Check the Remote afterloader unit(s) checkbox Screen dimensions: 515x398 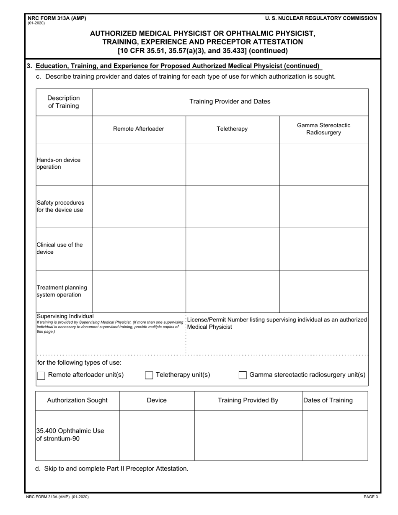[x=41, y=375]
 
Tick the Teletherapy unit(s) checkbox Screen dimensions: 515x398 [x=149, y=375]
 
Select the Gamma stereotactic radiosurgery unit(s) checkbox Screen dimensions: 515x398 [x=243, y=375]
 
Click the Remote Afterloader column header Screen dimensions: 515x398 [x=139, y=129]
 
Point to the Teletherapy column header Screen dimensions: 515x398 [x=232, y=129]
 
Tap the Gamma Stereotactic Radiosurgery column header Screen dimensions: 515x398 [x=323, y=129]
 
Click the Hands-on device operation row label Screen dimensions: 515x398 [x=59, y=163]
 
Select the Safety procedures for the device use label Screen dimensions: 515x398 [x=60, y=206]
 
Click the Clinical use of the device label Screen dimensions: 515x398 [x=59, y=248]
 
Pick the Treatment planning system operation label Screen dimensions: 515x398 [x=62, y=291]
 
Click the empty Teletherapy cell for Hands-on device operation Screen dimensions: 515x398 [x=233, y=164]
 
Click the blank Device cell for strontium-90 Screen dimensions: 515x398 [x=157, y=435]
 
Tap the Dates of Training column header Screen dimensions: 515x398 [x=328, y=400]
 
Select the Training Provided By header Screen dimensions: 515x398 [x=248, y=400]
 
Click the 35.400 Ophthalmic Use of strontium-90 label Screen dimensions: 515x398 [x=70, y=435]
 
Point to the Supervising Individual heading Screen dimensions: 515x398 [x=65, y=316]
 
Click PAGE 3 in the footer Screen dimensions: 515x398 [x=370, y=497]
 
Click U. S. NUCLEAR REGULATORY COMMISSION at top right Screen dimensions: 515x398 [x=321, y=18]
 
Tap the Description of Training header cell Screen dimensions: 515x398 [x=63, y=102]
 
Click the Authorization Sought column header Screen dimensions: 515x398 [x=77, y=400]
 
